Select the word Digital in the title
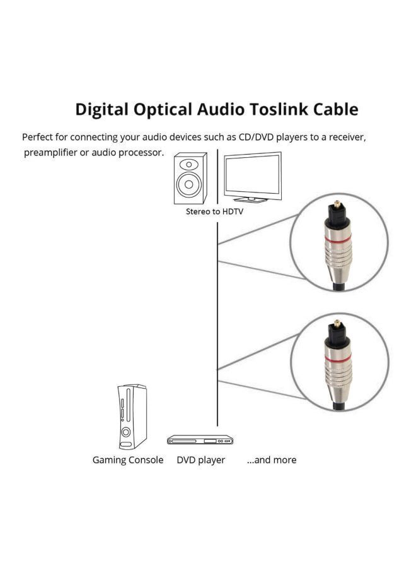pyautogui.click(x=101, y=109)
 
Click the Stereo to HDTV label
pyautogui.click(x=214, y=212)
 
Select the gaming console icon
pyautogui.click(x=132, y=417)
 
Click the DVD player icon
pyautogui.click(x=200, y=439)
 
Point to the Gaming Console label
pyautogui.click(x=128, y=460)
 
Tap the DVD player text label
pyautogui.click(x=200, y=460)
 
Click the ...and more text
pyautogui.click(x=271, y=460)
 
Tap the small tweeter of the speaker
pyautogui.click(x=189, y=163)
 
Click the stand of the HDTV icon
pyautogui.click(x=253, y=199)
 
